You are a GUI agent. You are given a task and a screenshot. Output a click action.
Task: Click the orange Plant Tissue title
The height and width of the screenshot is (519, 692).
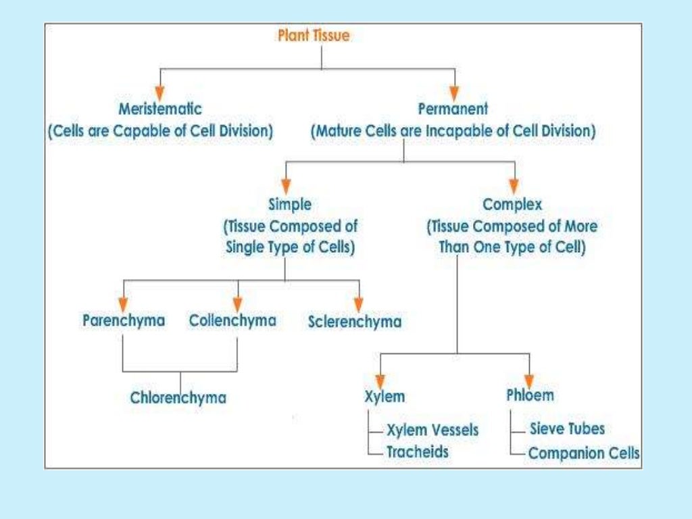[x=314, y=36]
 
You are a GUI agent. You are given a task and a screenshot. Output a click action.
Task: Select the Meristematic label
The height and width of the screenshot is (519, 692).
[x=159, y=109]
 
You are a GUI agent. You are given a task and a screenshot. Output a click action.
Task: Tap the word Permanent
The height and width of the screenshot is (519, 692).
[x=453, y=109]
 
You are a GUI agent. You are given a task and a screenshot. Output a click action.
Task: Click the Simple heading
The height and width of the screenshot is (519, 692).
[x=290, y=204]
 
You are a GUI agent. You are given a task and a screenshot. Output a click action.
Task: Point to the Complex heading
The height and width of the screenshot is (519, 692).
[x=512, y=204]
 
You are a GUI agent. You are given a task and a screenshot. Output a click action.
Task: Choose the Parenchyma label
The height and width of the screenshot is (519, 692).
[x=124, y=320]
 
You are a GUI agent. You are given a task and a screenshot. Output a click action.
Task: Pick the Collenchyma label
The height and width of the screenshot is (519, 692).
[x=232, y=320]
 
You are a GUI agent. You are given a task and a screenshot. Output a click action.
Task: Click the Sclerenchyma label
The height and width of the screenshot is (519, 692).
[x=355, y=322]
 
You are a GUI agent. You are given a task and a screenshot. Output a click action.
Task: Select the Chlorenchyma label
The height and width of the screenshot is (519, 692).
[x=178, y=398]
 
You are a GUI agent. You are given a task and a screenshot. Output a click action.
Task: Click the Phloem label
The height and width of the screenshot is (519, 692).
[x=530, y=395]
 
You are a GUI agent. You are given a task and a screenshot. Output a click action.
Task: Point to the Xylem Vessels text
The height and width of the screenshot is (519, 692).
[x=432, y=430]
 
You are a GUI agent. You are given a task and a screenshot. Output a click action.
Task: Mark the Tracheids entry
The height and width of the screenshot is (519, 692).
[x=417, y=452]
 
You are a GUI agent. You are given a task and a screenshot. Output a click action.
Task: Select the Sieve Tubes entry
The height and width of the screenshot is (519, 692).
[x=567, y=428]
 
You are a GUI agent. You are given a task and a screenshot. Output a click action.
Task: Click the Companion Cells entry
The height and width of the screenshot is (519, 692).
[x=584, y=453]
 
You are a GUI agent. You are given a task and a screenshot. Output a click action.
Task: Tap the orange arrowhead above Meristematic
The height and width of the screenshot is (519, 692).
[x=159, y=91]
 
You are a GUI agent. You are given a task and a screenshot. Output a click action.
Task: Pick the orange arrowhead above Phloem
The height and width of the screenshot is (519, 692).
[x=529, y=379]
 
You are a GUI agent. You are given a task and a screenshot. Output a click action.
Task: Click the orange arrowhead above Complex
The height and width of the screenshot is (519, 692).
[x=514, y=186]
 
